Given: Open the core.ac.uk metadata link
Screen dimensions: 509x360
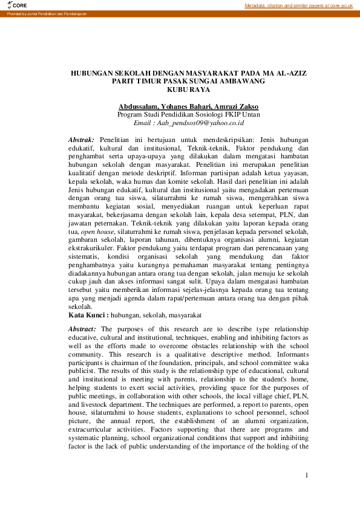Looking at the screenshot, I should pos(298,5).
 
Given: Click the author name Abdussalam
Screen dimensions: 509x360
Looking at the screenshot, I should pos(140,106).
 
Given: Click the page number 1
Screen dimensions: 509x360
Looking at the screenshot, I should pos(307,476).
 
